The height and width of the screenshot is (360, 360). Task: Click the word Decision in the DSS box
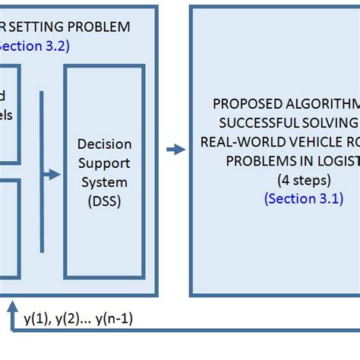coord(104,144)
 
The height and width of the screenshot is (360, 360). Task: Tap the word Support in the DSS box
coord(104,163)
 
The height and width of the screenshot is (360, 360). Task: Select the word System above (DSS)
coord(104,182)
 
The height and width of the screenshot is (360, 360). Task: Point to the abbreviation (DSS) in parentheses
coord(104,202)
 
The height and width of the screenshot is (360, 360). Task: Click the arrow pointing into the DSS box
coord(52,175)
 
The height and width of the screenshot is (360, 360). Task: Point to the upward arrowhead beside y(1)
coord(12,306)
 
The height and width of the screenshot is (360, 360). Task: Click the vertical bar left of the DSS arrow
coord(42,171)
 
